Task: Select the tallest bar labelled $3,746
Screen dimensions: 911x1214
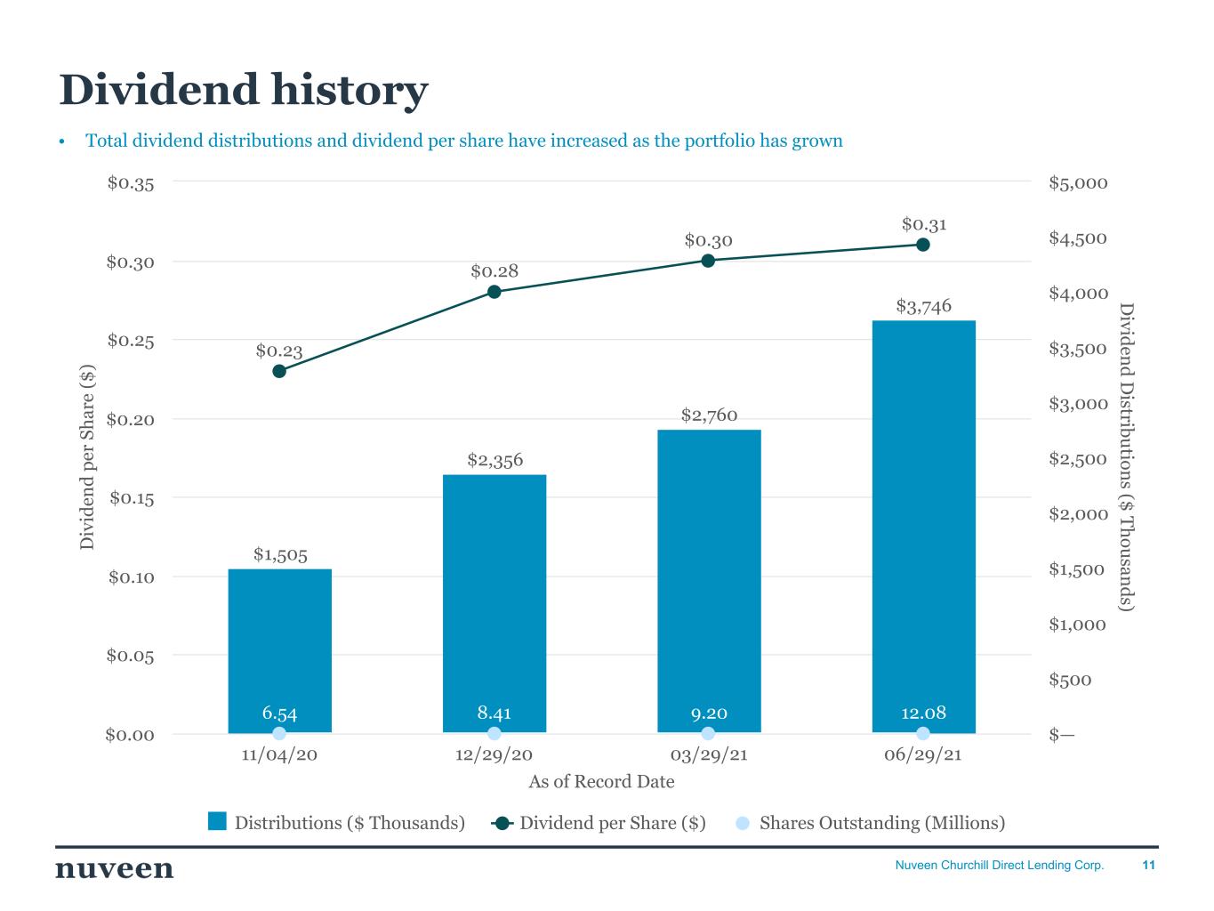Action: pyautogui.click(x=923, y=525)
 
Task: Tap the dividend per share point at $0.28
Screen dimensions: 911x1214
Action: pyautogui.click(x=494, y=292)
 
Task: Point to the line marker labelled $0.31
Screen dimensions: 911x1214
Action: pyautogui.click(x=923, y=245)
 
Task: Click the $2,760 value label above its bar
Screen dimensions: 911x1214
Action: pyautogui.click(x=709, y=415)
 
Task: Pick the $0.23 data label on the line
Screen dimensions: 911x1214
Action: pyautogui.click(x=279, y=351)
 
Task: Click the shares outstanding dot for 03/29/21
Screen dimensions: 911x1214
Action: pyautogui.click(x=708, y=733)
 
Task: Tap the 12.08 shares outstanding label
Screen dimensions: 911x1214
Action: pyautogui.click(x=923, y=713)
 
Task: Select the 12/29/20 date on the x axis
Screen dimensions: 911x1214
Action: pyautogui.click(x=494, y=754)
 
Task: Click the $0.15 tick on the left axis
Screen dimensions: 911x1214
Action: pyautogui.click(x=132, y=498)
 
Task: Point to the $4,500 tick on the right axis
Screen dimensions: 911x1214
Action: pyautogui.click(x=1078, y=238)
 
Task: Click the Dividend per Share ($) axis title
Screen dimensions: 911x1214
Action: pyautogui.click(x=87, y=456)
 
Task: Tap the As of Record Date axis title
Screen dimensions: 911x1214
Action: pyautogui.click(x=601, y=782)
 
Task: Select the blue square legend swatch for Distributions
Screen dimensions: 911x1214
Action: pyautogui.click(x=217, y=821)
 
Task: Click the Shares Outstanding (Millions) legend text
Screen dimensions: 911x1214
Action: pyautogui.click(x=881, y=823)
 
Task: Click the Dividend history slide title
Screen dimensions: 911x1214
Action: pyautogui.click(x=243, y=90)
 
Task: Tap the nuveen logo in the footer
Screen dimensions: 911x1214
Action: pyautogui.click(x=115, y=869)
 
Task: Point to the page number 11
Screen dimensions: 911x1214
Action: pyautogui.click(x=1148, y=865)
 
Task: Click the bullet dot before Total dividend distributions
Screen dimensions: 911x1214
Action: pyautogui.click(x=62, y=142)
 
